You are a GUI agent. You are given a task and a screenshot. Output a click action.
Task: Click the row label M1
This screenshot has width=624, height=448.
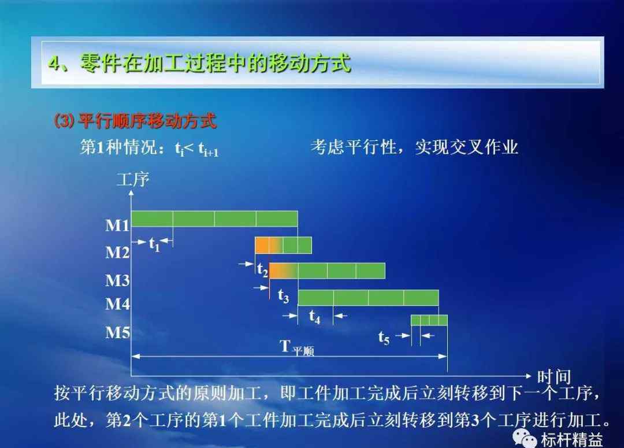pyautogui.click(x=117, y=225)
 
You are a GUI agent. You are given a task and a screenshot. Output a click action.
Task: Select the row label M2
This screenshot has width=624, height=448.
pyautogui.click(x=117, y=252)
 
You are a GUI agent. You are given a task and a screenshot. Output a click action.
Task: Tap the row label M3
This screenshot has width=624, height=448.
pyautogui.click(x=117, y=280)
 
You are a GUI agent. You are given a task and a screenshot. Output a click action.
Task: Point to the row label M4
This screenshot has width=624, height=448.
pyautogui.click(x=117, y=304)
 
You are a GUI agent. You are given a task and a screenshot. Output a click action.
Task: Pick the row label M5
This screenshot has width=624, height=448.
pyautogui.click(x=117, y=332)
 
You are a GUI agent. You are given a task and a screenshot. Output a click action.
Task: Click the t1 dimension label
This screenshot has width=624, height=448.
pyautogui.click(x=154, y=244)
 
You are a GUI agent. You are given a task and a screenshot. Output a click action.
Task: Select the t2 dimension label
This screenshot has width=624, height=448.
pyautogui.click(x=262, y=269)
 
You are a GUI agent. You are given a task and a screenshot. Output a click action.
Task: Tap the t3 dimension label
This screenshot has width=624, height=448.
pyautogui.click(x=283, y=297)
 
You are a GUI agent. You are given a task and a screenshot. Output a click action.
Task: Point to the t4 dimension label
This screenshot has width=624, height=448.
pyautogui.click(x=314, y=317)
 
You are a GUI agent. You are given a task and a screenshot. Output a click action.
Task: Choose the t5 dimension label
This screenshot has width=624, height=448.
pyautogui.click(x=384, y=338)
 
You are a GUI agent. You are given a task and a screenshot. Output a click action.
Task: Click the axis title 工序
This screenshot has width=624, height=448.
pyautogui.click(x=133, y=180)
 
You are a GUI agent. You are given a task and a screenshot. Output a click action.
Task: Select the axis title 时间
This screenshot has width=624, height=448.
pyautogui.click(x=554, y=377)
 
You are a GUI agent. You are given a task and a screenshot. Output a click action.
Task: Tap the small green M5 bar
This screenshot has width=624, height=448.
pyautogui.click(x=429, y=320)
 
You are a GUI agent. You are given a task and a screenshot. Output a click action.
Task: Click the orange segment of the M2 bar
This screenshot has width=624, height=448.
pyautogui.click(x=263, y=245)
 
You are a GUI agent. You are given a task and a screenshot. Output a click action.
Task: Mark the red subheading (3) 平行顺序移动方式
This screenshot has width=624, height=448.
pyautogui.click(x=135, y=121)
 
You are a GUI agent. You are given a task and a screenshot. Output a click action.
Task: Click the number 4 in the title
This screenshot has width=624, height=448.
pyautogui.click(x=54, y=64)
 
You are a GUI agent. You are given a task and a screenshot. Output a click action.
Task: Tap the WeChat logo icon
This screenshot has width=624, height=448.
pyautogui.click(x=525, y=438)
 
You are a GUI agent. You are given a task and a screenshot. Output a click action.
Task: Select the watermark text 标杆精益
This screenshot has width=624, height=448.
pyautogui.click(x=571, y=440)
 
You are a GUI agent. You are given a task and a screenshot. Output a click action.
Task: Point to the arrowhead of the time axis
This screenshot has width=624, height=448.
pyautogui.click(x=529, y=376)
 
